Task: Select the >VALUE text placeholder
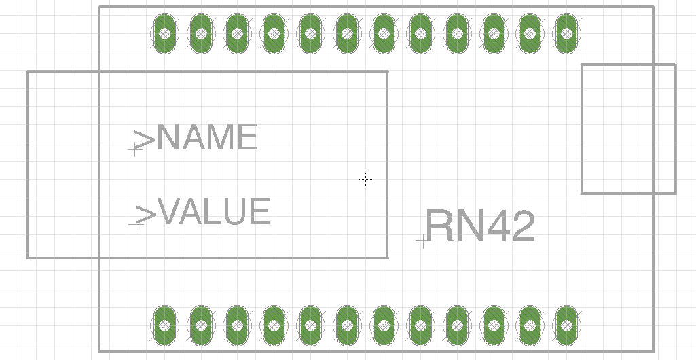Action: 202,212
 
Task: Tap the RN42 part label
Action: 480,226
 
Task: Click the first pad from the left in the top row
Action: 164,33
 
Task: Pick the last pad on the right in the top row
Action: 566,33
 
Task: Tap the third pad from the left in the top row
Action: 237,33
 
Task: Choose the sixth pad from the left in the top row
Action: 347,33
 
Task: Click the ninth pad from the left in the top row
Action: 457,33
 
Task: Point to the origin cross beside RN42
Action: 422,240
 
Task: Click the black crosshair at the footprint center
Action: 366,179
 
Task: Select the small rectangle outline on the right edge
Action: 582,129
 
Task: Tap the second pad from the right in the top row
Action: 530,33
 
